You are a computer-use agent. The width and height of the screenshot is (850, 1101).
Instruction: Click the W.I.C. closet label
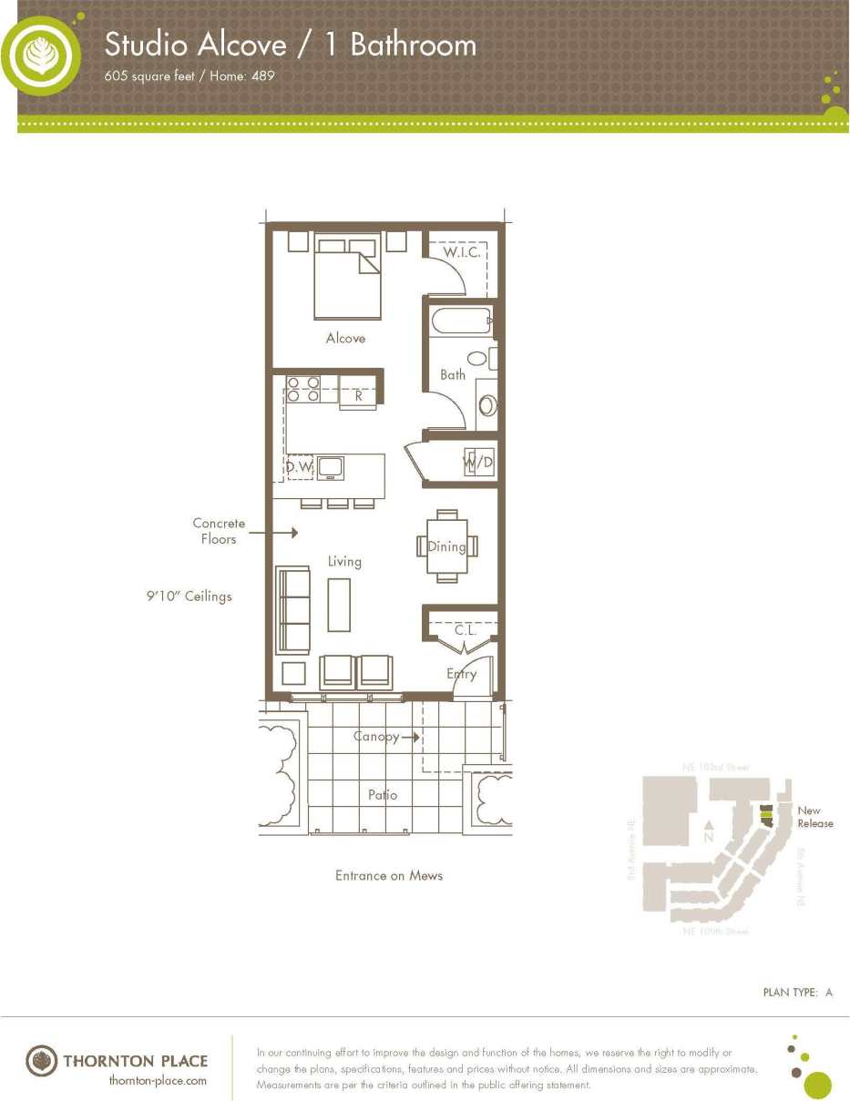462,252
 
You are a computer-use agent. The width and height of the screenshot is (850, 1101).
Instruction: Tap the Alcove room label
345,338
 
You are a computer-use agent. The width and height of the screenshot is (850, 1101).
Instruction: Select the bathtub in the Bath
461,321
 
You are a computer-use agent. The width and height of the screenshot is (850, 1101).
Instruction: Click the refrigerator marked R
358,396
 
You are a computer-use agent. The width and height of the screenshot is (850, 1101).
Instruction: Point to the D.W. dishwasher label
299,467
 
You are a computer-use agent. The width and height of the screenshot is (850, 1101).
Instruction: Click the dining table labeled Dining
446,546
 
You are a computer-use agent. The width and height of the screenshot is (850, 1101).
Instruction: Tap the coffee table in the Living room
339,604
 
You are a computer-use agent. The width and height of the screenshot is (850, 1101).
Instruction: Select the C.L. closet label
466,630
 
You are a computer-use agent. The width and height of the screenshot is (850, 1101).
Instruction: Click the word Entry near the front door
461,674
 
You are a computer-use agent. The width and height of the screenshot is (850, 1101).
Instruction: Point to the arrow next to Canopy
410,738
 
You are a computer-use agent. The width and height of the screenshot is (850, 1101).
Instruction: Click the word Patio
383,794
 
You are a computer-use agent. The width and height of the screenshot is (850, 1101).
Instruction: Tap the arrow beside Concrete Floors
285,531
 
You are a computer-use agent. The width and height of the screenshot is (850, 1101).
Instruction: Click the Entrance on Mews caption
389,875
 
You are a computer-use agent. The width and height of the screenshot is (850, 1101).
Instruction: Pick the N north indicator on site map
708,836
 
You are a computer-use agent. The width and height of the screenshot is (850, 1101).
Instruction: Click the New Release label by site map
814,817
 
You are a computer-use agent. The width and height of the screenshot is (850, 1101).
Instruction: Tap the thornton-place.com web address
158,1080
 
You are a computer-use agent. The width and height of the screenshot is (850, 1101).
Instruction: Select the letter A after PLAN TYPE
829,992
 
